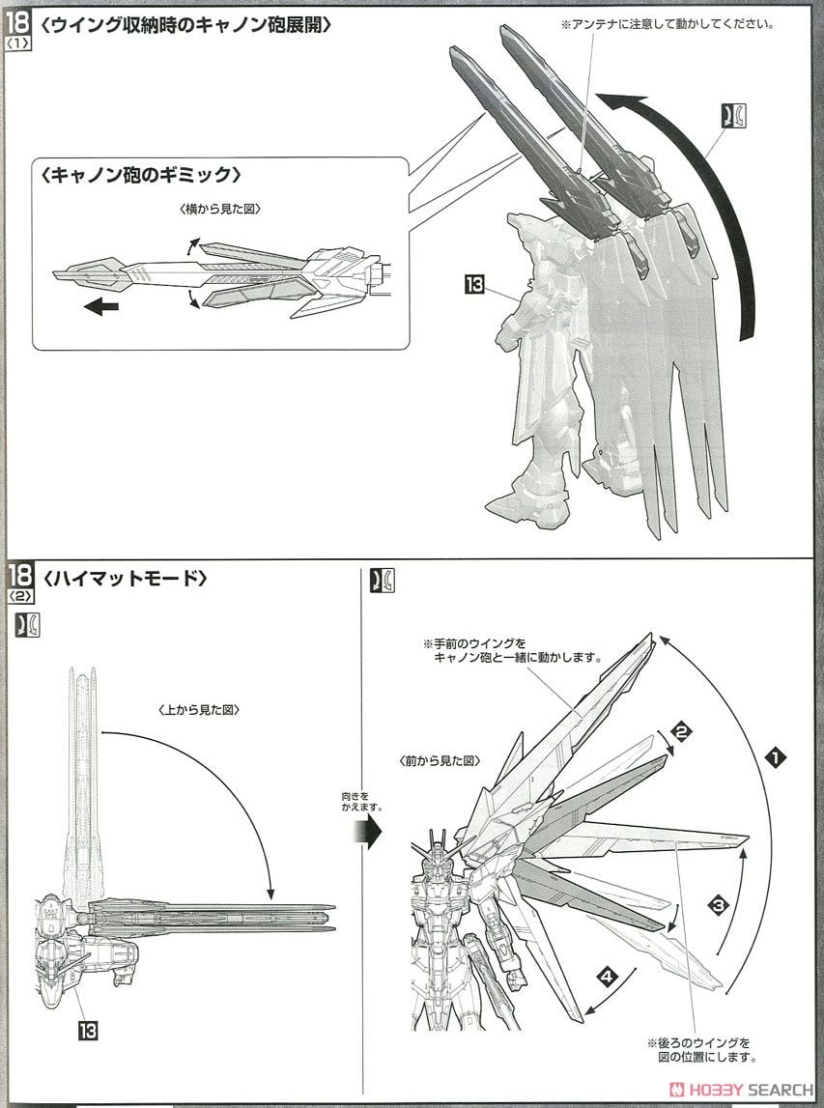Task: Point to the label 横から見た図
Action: point(207,209)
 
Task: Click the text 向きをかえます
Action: point(362,800)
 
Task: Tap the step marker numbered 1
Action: point(773,758)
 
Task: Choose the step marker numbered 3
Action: point(717,905)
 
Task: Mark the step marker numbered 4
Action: point(606,978)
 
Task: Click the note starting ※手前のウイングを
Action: point(512,649)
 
